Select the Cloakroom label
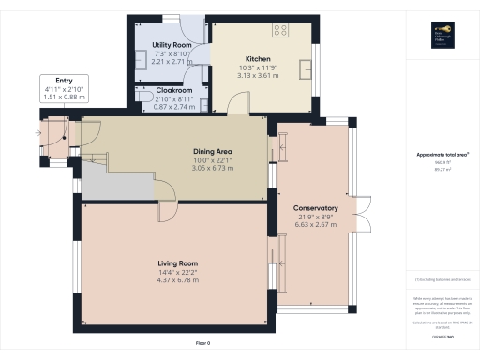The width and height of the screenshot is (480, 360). pyautogui.click(x=174, y=90)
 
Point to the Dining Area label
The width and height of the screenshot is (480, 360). pyautogui.click(x=212, y=152)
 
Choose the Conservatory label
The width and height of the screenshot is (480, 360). pyautogui.click(x=315, y=208)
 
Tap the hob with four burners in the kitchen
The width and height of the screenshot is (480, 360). pyautogui.click(x=279, y=30)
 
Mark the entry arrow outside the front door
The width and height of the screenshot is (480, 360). pyautogui.click(x=37, y=134)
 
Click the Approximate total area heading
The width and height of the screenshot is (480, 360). pyautogui.click(x=442, y=155)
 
